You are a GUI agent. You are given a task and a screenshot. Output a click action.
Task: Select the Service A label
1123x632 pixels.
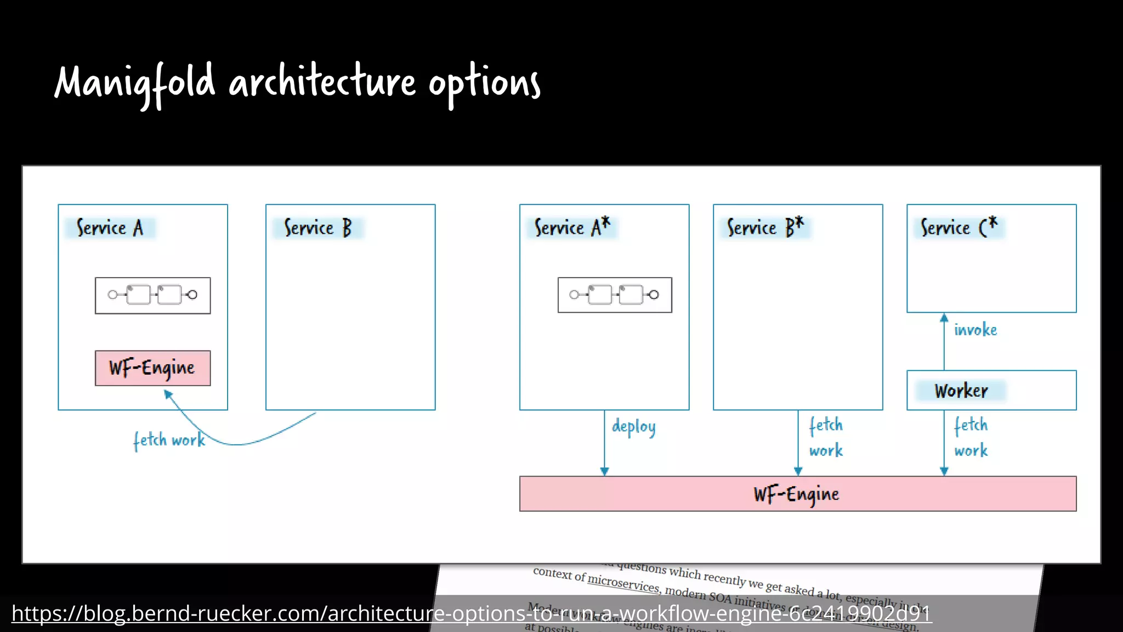point(110,228)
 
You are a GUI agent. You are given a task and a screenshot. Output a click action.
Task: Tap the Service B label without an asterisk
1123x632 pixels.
point(317,228)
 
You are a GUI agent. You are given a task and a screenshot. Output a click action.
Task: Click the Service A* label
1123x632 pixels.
point(572,227)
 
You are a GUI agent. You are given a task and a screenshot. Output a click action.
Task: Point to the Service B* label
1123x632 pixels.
point(765,227)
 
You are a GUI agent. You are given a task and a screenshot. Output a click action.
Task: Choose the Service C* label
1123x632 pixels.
point(958,227)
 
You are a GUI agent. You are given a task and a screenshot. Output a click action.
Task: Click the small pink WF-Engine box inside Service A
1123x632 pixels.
point(152,368)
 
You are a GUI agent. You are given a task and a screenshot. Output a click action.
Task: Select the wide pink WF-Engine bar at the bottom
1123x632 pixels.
point(797,494)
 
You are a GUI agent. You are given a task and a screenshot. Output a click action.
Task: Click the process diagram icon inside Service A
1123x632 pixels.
point(152,295)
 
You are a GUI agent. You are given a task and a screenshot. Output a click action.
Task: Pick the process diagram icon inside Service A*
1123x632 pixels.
point(615,295)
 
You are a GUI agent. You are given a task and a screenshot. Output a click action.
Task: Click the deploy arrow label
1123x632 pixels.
point(634,427)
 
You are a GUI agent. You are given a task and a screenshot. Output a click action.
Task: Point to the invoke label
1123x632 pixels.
point(975,330)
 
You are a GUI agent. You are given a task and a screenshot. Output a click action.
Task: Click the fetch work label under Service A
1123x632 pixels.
point(169,440)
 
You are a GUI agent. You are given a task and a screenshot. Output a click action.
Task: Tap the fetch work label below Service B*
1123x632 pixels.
point(826,438)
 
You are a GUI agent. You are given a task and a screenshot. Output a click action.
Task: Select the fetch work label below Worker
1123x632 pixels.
point(971,438)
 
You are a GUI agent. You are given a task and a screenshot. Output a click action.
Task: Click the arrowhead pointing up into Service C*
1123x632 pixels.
point(944,318)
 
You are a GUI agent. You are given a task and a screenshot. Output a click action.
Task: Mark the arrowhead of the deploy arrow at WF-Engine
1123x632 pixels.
point(604,471)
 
